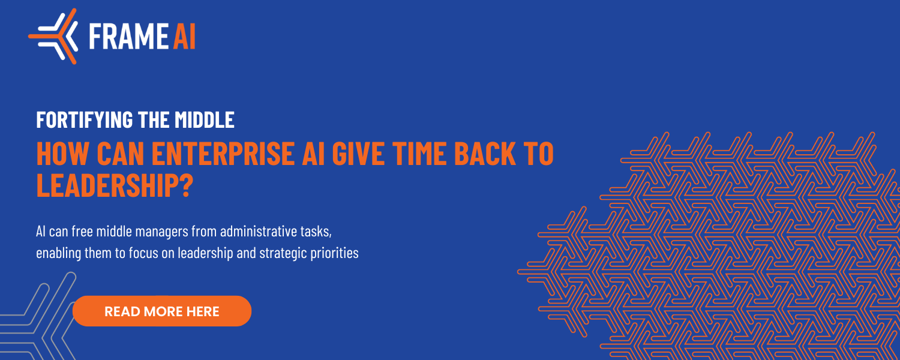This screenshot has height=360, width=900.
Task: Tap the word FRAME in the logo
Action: [128, 36]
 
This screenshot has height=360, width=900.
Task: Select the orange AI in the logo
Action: [184, 36]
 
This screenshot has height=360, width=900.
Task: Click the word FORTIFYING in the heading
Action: [85, 120]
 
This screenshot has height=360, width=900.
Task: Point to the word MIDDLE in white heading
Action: [205, 120]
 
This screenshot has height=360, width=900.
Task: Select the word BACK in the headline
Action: [485, 153]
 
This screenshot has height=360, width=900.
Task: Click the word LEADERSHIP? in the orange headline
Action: [115, 185]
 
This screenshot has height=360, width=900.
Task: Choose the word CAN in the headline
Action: [121, 153]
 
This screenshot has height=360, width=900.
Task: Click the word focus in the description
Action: [143, 253]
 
